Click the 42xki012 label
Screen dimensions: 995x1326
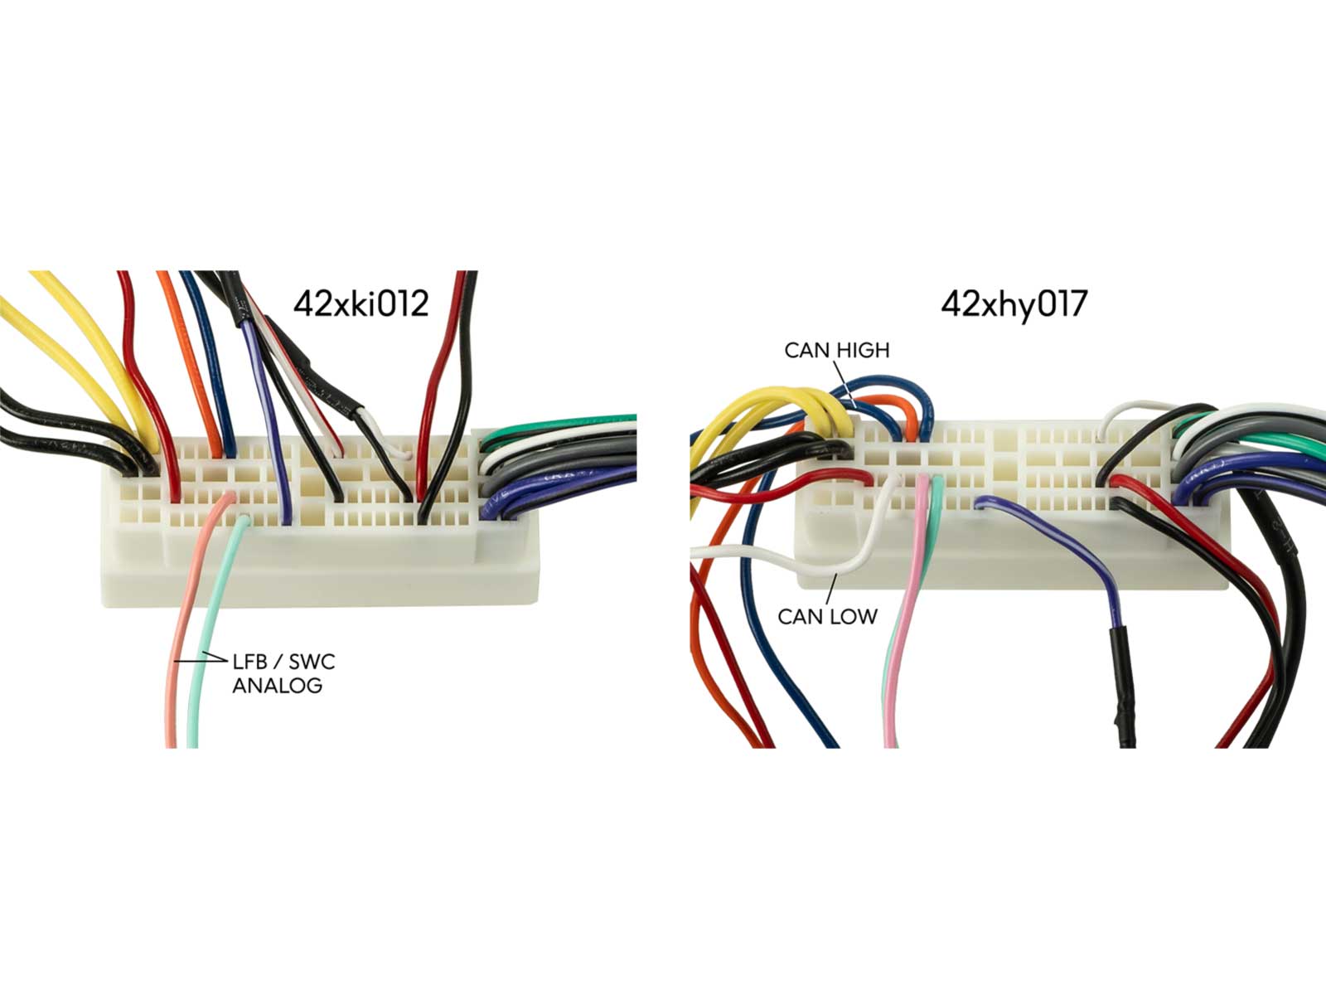click(361, 303)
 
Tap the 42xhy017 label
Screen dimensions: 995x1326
click(1013, 304)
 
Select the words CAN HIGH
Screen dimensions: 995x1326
click(836, 350)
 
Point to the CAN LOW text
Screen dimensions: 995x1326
click(826, 616)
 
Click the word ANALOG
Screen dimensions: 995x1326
click(277, 686)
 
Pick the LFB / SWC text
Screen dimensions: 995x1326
click(283, 662)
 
